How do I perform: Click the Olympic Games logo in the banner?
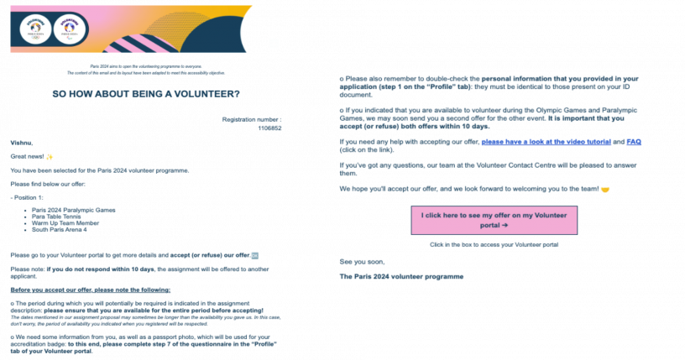(x=34, y=28)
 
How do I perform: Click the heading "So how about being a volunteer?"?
(x=146, y=93)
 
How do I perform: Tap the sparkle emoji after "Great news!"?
(x=50, y=157)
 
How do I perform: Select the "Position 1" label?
(x=29, y=196)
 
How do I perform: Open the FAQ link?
(x=634, y=142)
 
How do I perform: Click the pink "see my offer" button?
(x=494, y=220)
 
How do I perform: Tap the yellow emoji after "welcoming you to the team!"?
(x=604, y=189)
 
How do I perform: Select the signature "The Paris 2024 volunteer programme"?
(x=401, y=276)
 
